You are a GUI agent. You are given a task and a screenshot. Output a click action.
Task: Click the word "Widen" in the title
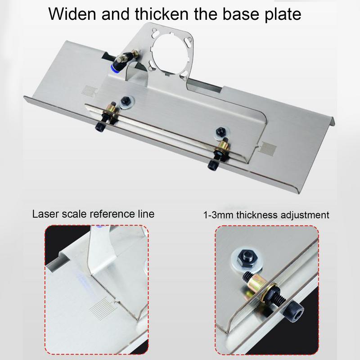coord(72,14)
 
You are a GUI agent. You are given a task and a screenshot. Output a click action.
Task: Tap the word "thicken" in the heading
coord(162,14)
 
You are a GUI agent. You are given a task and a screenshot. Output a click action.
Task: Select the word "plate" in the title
coord(283,14)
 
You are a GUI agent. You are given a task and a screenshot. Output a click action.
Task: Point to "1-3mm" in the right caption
coord(219,215)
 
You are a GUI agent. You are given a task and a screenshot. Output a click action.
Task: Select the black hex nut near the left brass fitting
coord(126,101)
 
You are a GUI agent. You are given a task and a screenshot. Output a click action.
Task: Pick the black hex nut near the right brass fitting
coord(221,131)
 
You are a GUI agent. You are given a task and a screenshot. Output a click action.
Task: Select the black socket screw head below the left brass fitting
coord(100,127)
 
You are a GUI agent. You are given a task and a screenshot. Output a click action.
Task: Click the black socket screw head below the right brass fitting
coord(212,165)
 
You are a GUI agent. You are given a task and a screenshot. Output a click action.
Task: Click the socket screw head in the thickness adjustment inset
coord(295,310)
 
